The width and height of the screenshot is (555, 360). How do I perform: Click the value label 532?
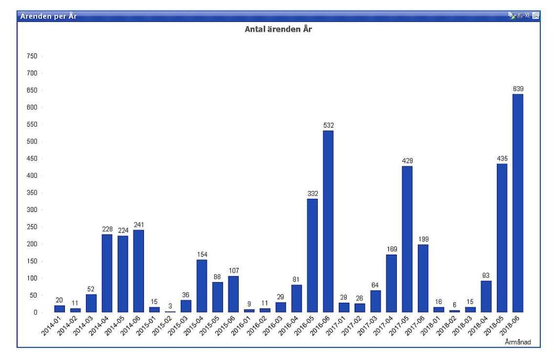coord(328,125)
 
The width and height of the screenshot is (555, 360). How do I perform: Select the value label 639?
coord(518,89)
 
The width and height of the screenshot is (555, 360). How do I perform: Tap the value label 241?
coord(139,225)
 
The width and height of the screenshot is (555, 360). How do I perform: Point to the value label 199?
coord(423,239)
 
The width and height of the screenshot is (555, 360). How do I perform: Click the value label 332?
coord(313,194)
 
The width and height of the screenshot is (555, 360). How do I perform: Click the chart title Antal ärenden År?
coord(279,29)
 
